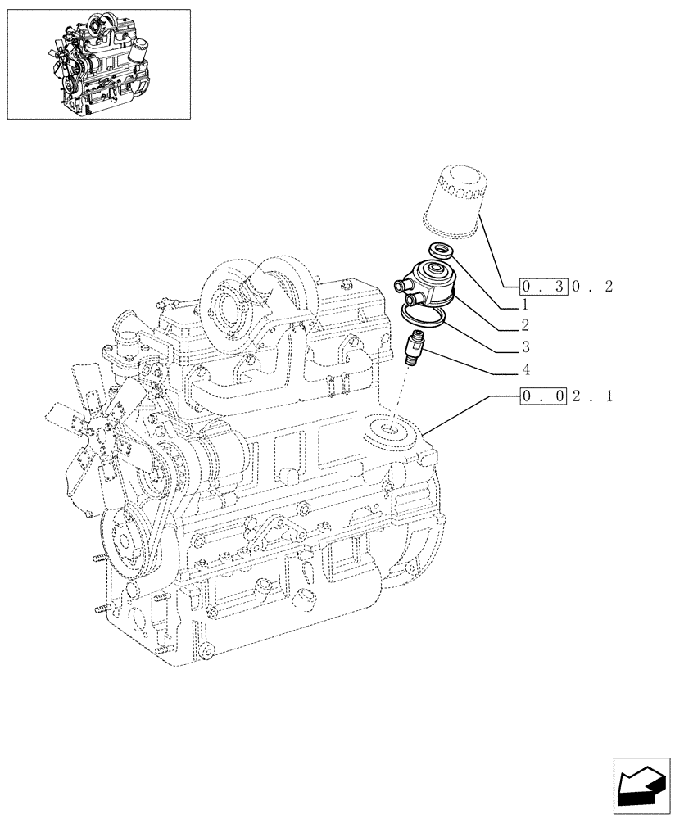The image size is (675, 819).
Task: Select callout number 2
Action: [523, 326]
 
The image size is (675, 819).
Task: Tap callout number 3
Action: [523, 347]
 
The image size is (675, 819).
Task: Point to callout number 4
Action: [523, 370]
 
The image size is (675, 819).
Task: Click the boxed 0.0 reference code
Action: [543, 397]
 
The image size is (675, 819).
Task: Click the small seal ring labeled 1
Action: [441, 253]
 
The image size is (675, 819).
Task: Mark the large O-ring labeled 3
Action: [424, 312]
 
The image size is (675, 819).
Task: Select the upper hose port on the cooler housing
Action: [402, 284]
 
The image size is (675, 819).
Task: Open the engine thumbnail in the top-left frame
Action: [98, 64]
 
